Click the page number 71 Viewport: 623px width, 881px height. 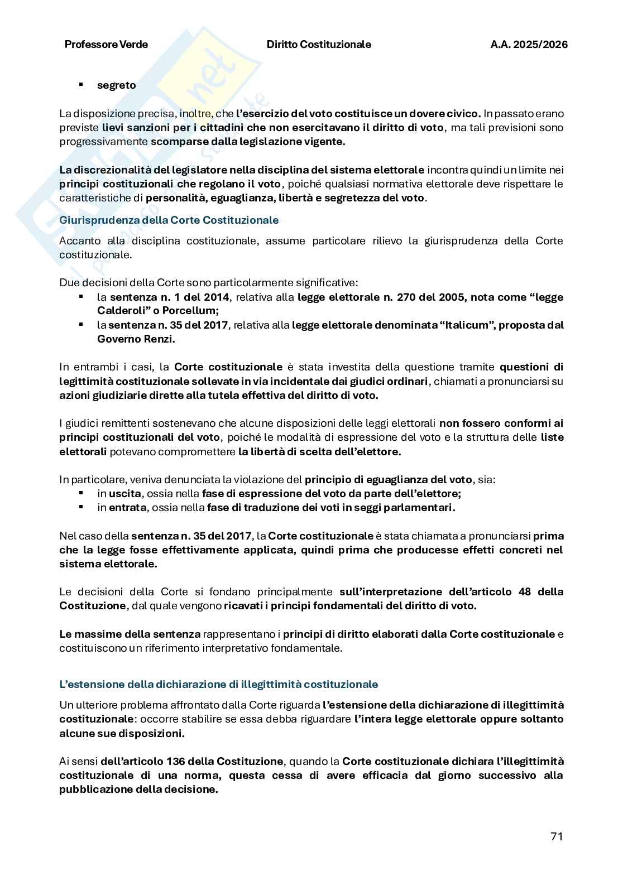556,836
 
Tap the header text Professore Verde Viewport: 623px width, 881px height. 106,45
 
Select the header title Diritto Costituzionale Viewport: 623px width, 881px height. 319,45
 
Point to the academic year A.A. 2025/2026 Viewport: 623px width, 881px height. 529,45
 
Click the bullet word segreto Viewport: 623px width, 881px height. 116,85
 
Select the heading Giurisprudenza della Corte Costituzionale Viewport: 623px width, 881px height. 169,220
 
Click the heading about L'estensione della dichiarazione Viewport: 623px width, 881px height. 218,684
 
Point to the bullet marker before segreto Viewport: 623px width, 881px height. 81,85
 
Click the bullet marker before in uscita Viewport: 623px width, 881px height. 81,493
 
